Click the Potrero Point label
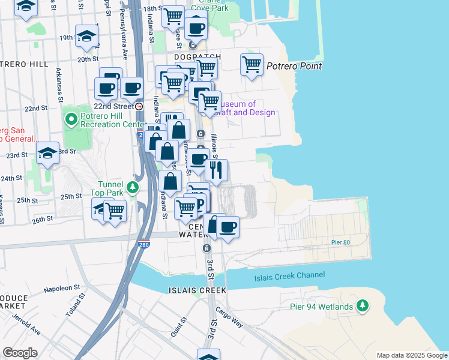click(x=294, y=67)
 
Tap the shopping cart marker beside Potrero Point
click(x=252, y=65)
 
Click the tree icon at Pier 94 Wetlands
click(x=362, y=306)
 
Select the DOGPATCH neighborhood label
click(x=197, y=57)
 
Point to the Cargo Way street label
click(x=232, y=319)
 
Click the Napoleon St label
click(x=62, y=289)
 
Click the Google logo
click(x=20, y=353)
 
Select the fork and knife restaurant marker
click(x=217, y=170)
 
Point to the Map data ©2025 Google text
click(x=411, y=355)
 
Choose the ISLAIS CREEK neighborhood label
click(x=197, y=290)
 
